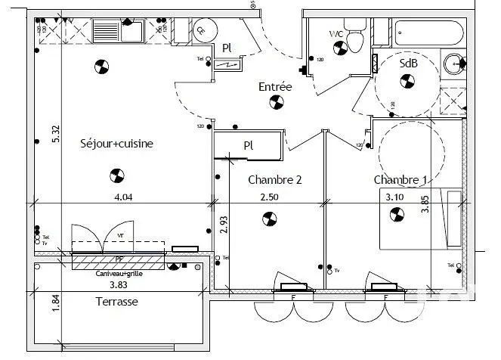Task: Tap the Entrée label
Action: point(275,87)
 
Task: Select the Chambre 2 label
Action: point(275,180)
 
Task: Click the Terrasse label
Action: point(116,301)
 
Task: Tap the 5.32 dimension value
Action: point(55,134)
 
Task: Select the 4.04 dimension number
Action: point(124,197)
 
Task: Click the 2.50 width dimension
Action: point(270,197)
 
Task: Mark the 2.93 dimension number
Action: point(224,225)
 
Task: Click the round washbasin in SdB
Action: point(454,63)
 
